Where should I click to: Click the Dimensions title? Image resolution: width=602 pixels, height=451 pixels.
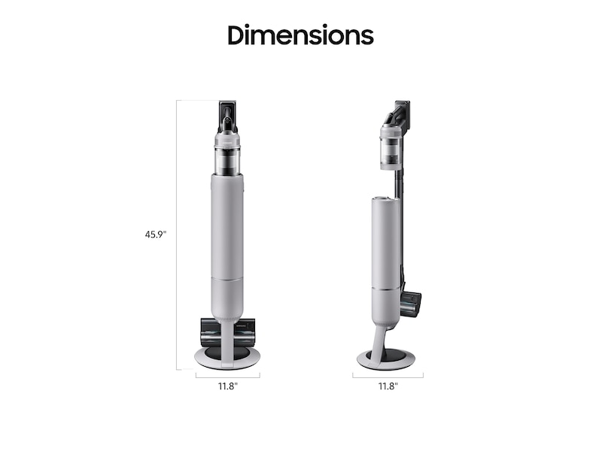(x=300, y=35)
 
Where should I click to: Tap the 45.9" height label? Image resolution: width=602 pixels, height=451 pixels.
(x=156, y=235)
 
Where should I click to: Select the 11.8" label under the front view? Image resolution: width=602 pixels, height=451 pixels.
(x=228, y=386)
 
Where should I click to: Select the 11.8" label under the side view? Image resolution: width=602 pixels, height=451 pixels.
(x=388, y=386)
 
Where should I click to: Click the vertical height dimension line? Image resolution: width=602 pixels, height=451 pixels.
(x=177, y=235)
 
